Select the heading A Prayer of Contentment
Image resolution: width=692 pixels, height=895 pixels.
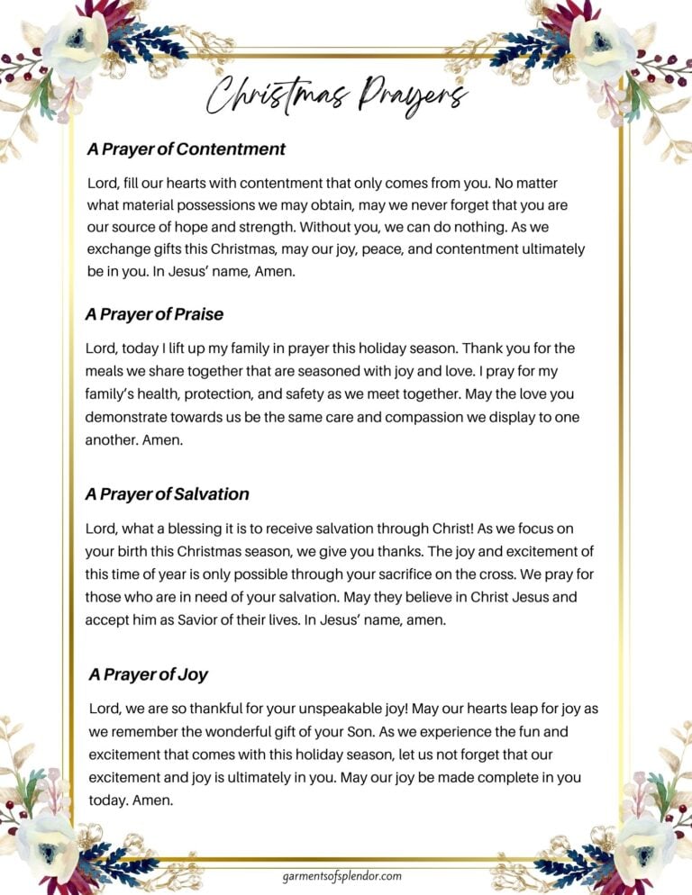(187, 149)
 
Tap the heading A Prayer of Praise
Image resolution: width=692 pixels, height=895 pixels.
(154, 315)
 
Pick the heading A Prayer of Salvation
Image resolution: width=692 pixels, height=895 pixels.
(167, 494)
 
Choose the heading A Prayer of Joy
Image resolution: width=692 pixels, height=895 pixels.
(149, 674)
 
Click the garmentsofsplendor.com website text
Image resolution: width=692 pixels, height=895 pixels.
(341, 875)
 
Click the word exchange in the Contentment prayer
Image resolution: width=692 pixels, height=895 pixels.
(117, 249)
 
